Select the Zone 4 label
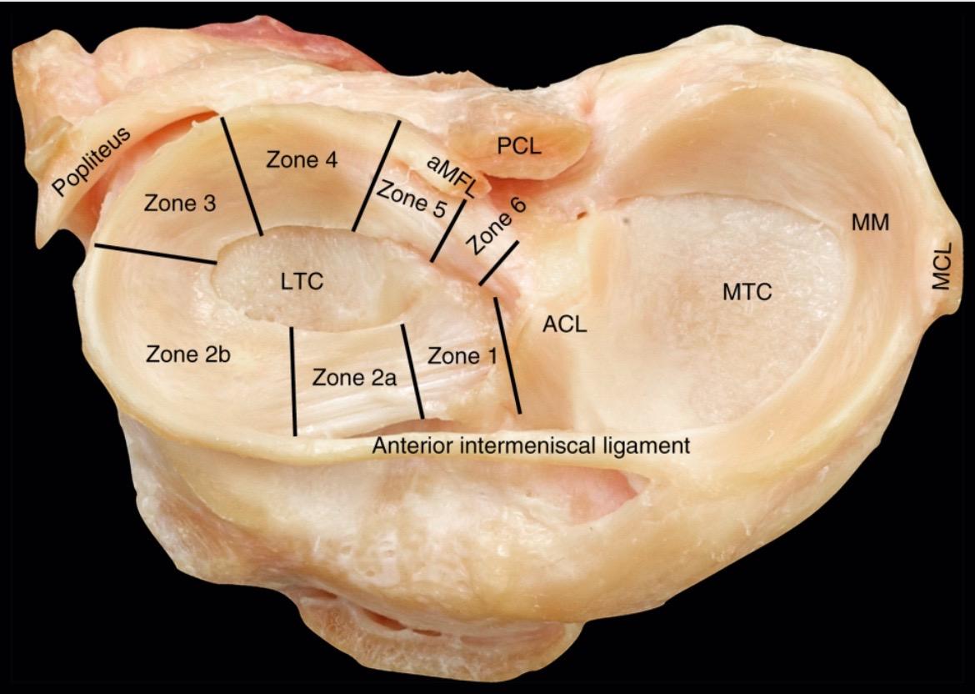(x=302, y=160)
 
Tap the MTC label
(x=747, y=292)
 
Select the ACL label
(x=564, y=324)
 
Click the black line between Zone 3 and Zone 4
(x=242, y=176)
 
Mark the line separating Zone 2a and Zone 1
(x=412, y=371)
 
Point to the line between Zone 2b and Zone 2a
(x=292, y=381)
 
